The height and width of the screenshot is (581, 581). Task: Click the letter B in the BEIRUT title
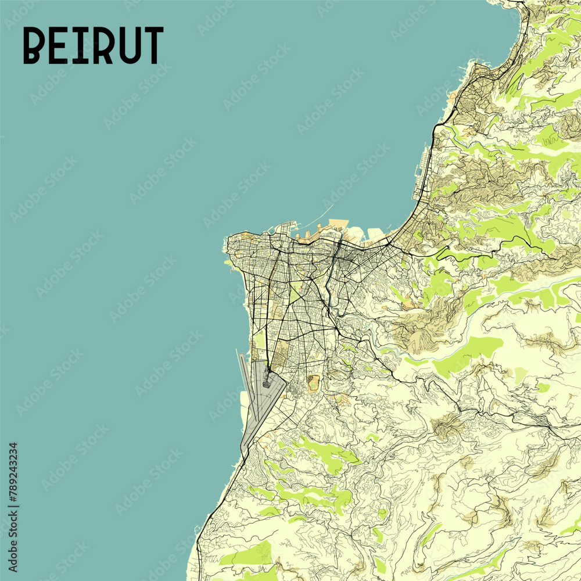point(34,45)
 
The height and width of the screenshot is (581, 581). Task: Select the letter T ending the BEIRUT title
point(153,45)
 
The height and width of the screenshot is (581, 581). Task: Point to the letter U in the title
point(129,45)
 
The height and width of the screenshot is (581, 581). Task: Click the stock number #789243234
point(13,471)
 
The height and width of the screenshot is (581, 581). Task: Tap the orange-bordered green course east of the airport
point(314,383)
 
